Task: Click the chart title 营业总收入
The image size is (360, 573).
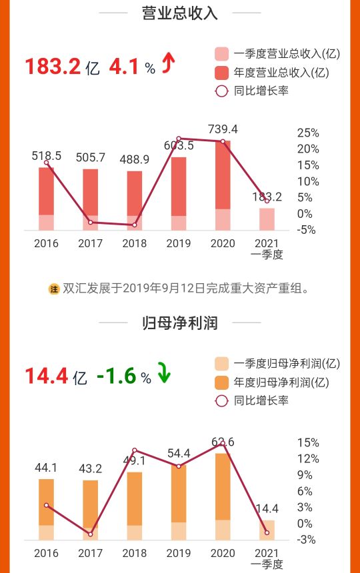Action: coord(180,13)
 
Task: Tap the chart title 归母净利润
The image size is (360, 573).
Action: coord(180,324)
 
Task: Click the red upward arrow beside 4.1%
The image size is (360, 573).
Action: coord(169,64)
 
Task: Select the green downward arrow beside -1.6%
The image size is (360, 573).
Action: coord(163,373)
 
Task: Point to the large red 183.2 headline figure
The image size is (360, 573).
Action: coord(53,67)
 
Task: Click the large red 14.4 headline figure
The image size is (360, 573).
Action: coord(47,376)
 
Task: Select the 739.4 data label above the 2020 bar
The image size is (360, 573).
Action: coord(223,129)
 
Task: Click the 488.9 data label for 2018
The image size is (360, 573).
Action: coord(135,159)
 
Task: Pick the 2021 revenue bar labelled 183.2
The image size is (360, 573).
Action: coord(267,219)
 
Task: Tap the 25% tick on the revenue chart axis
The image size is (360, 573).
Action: coord(307,133)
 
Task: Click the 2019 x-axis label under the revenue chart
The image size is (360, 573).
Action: coord(179,243)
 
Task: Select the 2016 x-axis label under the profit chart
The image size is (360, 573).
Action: coord(46,553)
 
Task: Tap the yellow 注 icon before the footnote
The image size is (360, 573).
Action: coord(54,288)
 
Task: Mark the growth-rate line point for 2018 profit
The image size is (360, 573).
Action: coord(135,450)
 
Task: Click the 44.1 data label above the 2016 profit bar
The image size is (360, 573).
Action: coord(46,468)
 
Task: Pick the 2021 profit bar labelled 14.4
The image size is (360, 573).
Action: coord(267,530)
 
